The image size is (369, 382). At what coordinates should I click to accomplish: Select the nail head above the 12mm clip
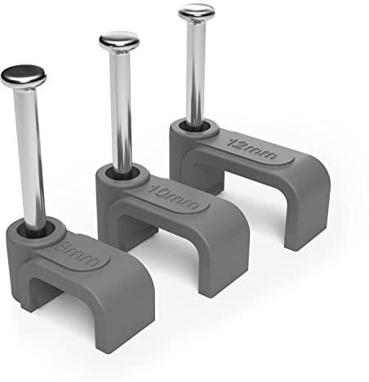pyautogui.click(x=198, y=12)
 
